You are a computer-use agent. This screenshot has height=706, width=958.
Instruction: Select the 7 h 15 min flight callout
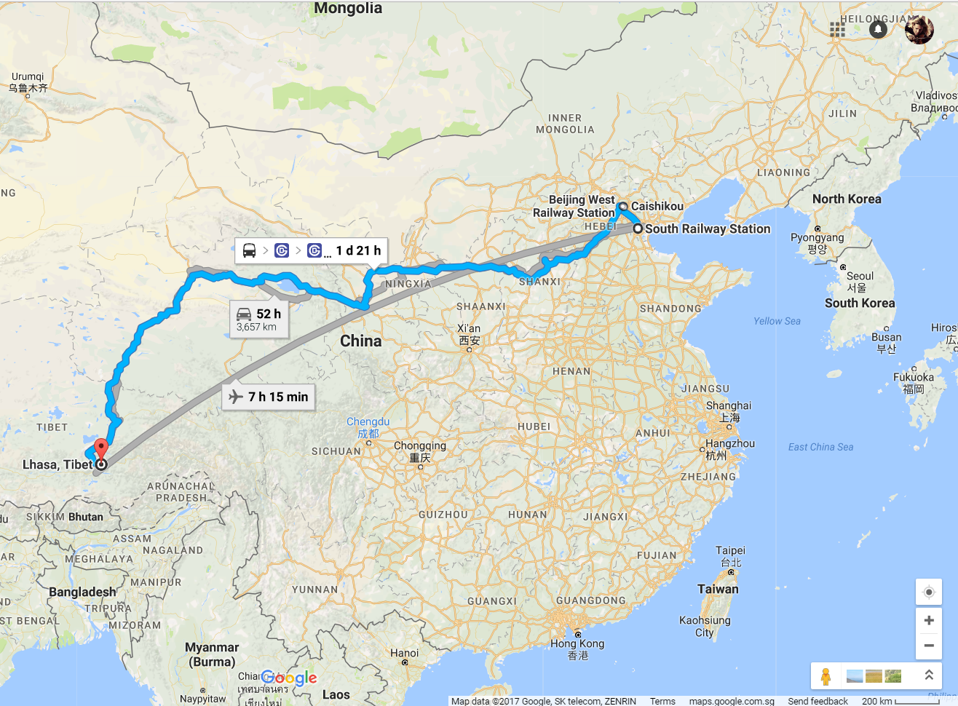269,397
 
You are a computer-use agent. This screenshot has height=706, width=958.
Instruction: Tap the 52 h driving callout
259,319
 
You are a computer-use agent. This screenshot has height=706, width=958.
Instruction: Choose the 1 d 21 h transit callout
311,250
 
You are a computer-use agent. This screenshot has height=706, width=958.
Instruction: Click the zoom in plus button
928,620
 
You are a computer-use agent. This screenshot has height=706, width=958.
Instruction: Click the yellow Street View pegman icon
826,676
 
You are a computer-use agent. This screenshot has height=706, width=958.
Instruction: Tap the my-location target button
928,592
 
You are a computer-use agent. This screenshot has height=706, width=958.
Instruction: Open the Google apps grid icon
837,29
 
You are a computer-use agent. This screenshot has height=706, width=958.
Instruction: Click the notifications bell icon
878,29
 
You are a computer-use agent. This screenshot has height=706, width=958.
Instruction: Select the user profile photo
919,29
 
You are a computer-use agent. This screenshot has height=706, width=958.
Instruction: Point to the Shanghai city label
729,406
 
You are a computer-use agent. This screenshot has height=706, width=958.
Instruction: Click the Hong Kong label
577,644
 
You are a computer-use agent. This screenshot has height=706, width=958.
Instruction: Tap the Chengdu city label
368,422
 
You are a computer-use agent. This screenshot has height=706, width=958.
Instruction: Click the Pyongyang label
817,238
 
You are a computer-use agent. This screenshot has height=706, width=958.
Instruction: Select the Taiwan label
718,590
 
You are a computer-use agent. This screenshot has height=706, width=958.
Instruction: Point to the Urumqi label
28,77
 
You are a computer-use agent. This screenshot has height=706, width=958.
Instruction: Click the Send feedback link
818,701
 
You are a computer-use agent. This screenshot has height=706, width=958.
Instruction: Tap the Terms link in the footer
662,701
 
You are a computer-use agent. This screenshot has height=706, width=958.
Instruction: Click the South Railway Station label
707,229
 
